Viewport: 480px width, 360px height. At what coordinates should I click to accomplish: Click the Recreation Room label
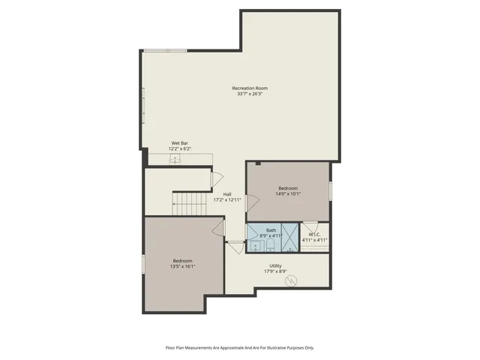coord(249,88)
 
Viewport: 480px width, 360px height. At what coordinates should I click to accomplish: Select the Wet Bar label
coord(179,142)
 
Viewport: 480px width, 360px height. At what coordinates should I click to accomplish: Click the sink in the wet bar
coord(175,157)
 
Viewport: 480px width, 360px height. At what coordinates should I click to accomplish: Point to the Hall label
coord(226,194)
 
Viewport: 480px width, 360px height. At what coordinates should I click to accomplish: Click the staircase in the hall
coord(189,202)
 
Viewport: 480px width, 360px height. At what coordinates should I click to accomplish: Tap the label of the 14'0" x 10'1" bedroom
coord(288,187)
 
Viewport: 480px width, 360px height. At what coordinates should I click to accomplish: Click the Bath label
coord(271,229)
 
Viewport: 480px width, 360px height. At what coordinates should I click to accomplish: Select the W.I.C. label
coord(315,234)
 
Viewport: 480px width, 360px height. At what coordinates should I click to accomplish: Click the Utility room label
coord(275,265)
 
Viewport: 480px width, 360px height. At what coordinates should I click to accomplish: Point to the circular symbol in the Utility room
coord(292,281)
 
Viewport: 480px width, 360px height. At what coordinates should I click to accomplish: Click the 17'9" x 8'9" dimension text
coord(275,271)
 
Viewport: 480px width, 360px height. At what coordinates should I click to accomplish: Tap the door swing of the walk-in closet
coord(310,226)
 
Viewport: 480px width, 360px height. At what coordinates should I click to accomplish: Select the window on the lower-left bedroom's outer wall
coord(143,264)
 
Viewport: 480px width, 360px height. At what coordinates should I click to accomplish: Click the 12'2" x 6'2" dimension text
coord(179,148)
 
